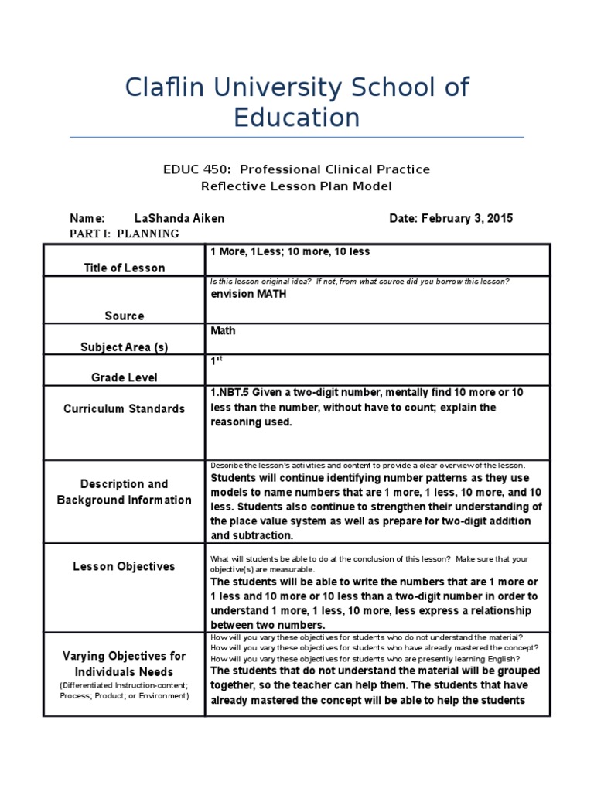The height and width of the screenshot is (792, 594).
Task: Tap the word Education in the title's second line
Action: tap(297, 118)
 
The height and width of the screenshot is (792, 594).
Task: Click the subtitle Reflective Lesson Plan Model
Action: tap(297, 186)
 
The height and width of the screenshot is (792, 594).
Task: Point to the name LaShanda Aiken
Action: tap(179, 218)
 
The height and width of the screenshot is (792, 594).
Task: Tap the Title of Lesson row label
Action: tap(125, 268)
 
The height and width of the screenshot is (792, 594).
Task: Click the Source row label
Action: tap(125, 316)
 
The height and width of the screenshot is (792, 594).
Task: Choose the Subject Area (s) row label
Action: tap(125, 347)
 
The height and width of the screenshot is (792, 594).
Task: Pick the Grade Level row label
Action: tap(125, 377)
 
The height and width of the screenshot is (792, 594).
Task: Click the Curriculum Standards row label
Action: tap(125, 408)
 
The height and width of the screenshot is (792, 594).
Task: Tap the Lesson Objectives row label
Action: tap(125, 566)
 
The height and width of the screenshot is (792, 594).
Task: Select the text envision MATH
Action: tap(243, 295)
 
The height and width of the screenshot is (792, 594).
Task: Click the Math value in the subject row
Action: tap(224, 330)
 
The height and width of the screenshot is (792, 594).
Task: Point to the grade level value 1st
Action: tap(217, 361)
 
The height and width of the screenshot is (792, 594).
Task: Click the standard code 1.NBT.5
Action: tap(230, 392)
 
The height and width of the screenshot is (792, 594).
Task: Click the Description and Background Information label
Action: tap(125, 492)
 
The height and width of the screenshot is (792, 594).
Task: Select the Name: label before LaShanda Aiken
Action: tap(87, 218)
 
